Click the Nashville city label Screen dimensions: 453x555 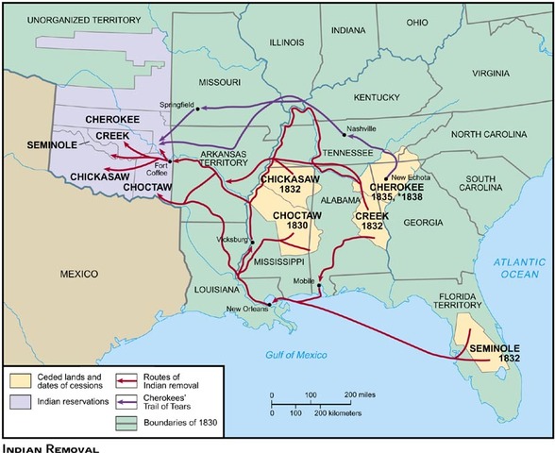coord(362,128)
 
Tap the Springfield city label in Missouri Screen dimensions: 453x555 coord(179,101)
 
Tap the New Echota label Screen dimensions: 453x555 coord(412,177)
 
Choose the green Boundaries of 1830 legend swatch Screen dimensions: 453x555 coord(124,422)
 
